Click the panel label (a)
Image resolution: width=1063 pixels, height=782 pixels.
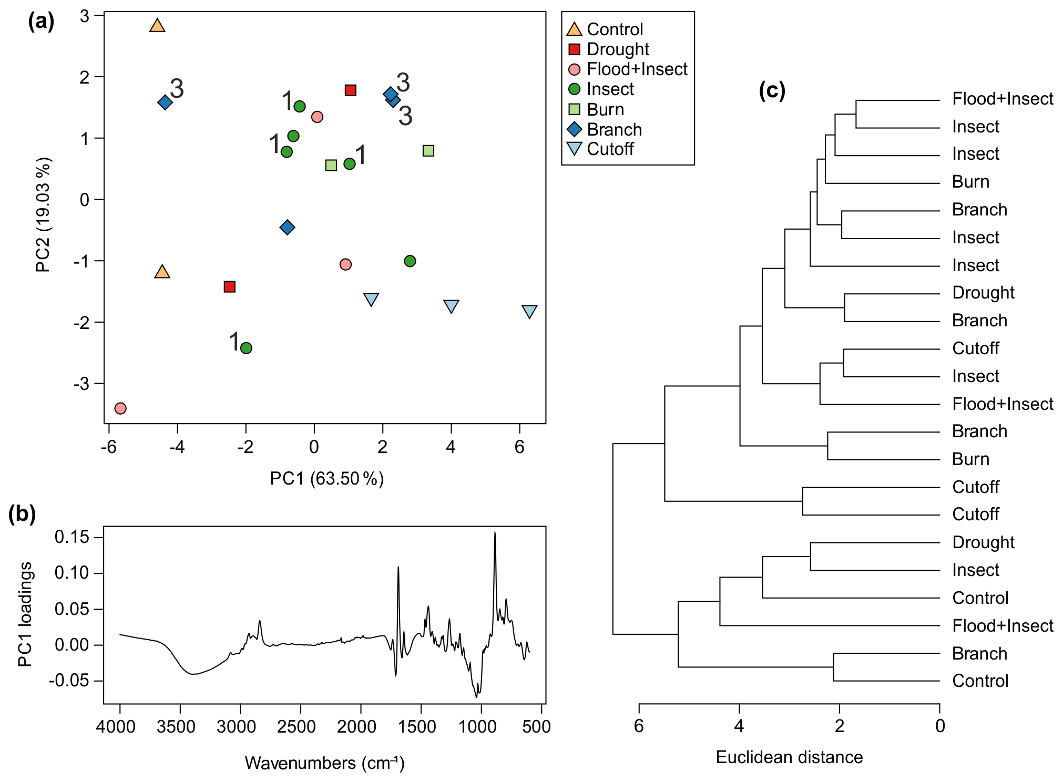(x=41, y=22)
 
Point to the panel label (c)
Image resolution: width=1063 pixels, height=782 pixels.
(x=772, y=90)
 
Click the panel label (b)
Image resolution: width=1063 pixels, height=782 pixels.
(x=22, y=513)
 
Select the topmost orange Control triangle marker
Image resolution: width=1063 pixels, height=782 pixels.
(x=157, y=25)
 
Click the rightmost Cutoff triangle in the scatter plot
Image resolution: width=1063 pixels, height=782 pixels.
(x=529, y=311)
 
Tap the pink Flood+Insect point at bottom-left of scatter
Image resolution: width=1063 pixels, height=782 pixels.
(x=120, y=408)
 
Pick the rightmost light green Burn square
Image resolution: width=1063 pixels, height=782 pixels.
(x=428, y=151)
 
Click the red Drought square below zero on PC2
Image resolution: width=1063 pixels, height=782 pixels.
(x=229, y=286)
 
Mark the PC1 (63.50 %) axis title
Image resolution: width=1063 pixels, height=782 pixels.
(x=326, y=479)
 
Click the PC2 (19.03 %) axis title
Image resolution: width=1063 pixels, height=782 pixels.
(x=43, y=214)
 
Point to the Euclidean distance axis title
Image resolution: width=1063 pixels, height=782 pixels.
(x=789, y=757)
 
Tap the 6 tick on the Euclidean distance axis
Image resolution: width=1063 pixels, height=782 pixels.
(x=639, y=726)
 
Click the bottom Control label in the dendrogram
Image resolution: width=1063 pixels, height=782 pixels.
(x=980, y=681)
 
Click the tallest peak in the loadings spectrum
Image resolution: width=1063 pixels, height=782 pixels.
(x=495, y=534)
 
